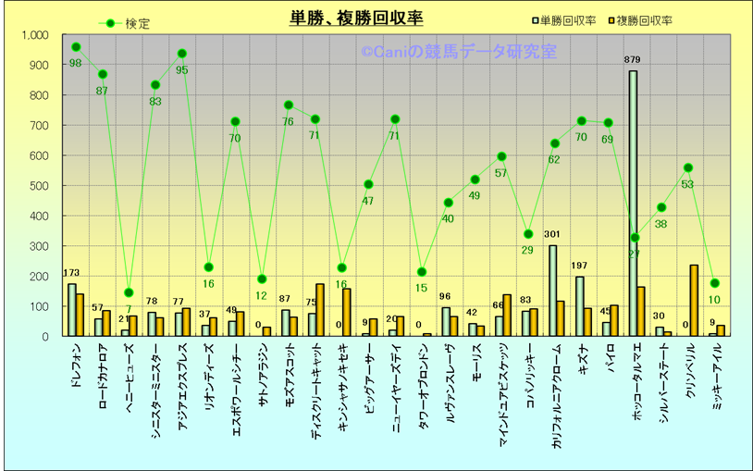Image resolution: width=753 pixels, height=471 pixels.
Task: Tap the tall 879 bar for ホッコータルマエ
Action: pos(633,204)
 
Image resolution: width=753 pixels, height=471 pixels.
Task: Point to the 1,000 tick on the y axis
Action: pos(34,35)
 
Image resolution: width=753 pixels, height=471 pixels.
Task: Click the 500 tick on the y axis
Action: pos(39,186)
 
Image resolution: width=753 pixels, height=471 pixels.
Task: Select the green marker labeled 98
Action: pos(76,47)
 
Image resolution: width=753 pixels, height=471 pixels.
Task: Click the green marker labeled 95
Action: pos(182,54)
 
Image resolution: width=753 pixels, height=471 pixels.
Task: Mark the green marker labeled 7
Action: pos(129,292)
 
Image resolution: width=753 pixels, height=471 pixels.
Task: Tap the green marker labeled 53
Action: pos(687,168)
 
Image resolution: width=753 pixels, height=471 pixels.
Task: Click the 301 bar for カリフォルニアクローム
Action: pos(552,291)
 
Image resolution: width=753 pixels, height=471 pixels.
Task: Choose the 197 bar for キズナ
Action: pos(579,306)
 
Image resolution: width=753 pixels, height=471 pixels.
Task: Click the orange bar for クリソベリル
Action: pos(694,301)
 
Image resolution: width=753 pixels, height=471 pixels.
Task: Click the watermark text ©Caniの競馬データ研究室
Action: pos(459,53)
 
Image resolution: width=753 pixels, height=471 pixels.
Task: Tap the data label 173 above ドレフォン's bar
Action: pos(72,273)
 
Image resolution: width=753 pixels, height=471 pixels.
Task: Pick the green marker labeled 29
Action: pos(527,234)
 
